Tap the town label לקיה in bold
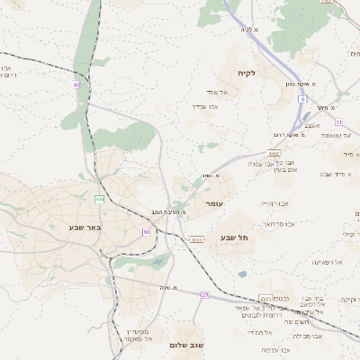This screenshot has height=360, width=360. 247,73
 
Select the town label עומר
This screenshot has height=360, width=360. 214,204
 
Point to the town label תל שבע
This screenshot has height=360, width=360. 233,238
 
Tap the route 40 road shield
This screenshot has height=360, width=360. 76,85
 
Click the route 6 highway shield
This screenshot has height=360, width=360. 303,99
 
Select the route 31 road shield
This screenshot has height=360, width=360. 338,121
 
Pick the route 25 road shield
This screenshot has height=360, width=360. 205,294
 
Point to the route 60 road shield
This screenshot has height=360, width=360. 146,232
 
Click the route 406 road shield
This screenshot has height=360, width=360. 99,199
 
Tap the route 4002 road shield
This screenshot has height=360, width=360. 274,155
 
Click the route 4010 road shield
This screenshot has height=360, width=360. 196,239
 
